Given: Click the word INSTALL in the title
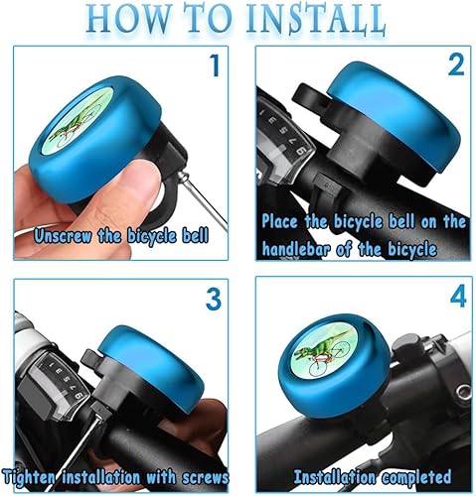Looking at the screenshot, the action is (x=316, y=19).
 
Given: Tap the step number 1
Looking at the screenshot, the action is (x=216, y=65).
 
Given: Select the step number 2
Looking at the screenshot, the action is (x=456, y=64).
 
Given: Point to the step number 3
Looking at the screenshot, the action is (x=214, y=299).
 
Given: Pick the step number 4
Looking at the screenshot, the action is (x=458, y=297).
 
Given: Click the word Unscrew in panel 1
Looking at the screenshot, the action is (x=63, y=236).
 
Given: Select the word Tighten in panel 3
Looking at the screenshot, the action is (x=30, y=477).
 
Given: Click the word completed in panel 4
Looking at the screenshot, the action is (x=415, y=477).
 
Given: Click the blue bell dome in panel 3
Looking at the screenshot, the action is (x=151, y=366).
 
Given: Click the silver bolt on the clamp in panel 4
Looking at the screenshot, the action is (x=462, y=395).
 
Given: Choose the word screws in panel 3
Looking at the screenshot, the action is (x=205, y=477).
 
